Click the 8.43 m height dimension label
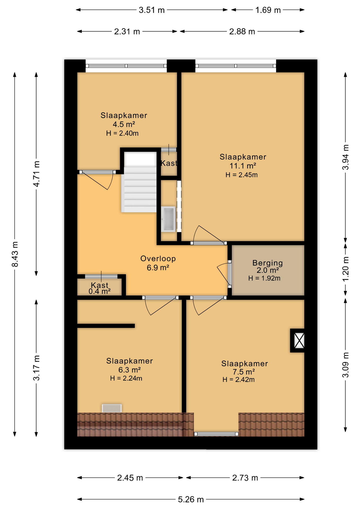coord(15,254)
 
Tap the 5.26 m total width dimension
coord(191,499)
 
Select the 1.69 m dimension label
coord(268,10)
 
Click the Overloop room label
coord(158,258)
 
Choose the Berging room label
coord(267,263)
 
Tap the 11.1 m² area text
coord(243,166)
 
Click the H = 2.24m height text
coord(126,378)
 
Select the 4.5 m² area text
coord(124,124)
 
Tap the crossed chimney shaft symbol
coord(299,341)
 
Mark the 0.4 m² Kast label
coord(99,288)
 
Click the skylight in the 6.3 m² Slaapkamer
coord(112,408)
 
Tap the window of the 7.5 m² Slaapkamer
coord(216,434)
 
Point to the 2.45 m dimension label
coord(130,478)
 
